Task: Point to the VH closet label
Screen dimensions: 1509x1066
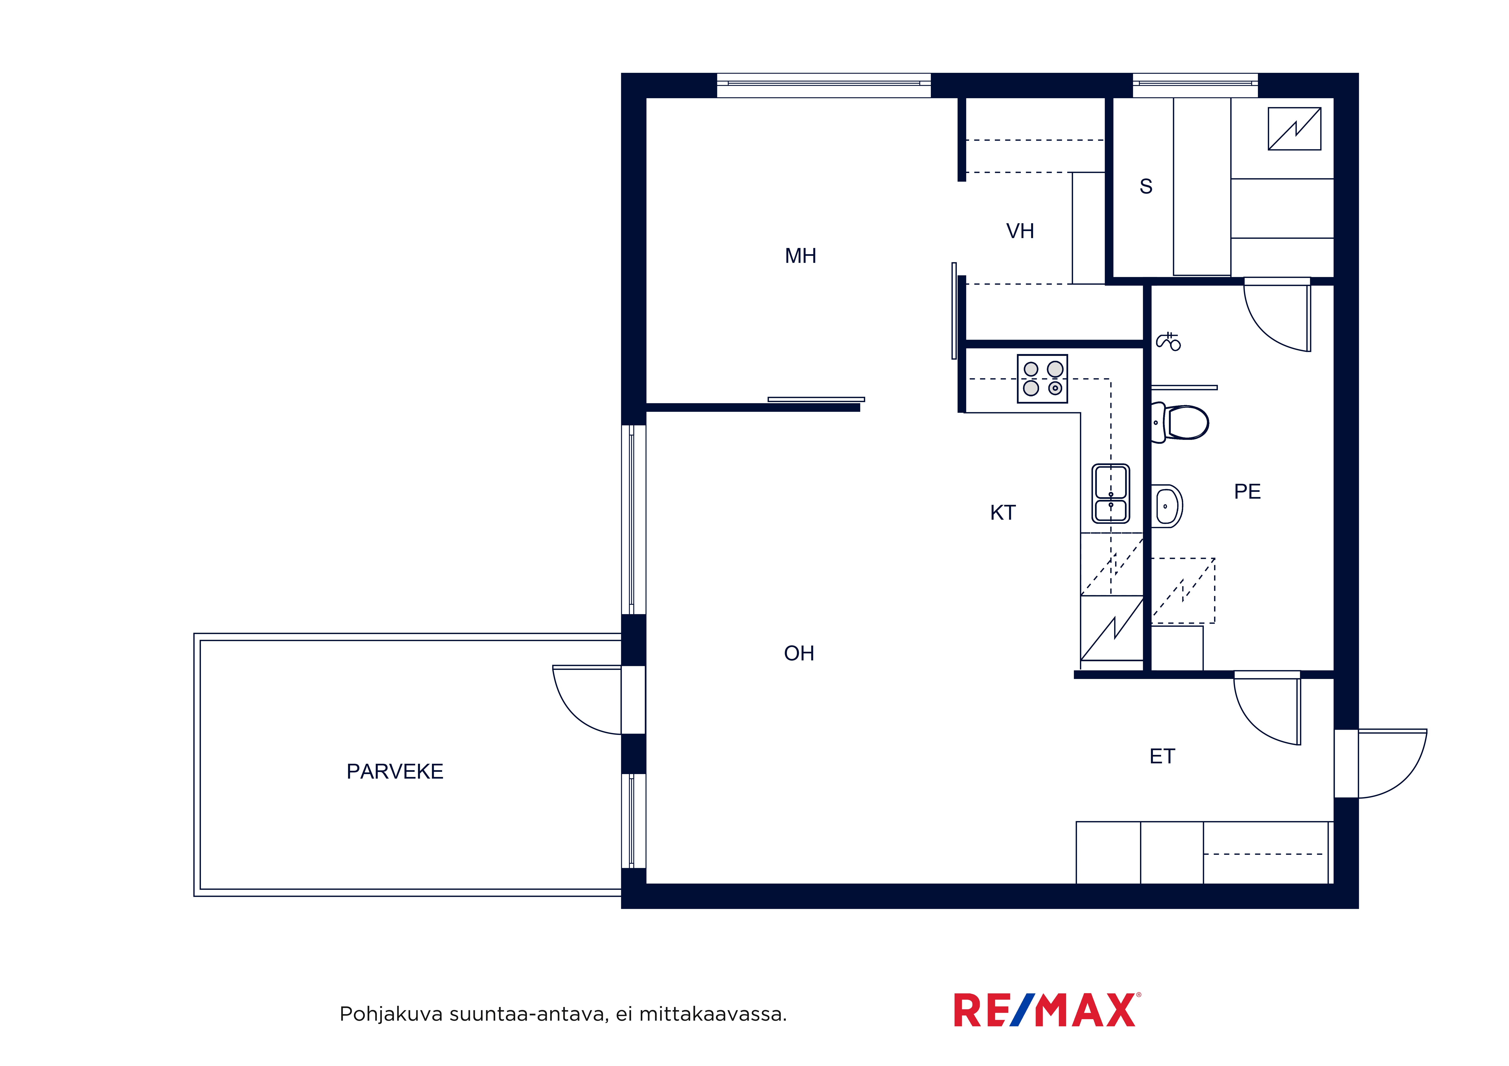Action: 1020,231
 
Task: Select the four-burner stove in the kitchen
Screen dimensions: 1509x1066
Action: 1042,379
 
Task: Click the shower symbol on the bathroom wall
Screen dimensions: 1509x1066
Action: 1168,341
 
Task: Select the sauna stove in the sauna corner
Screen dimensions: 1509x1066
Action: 1294,129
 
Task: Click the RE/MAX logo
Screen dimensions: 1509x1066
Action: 1048,1010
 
